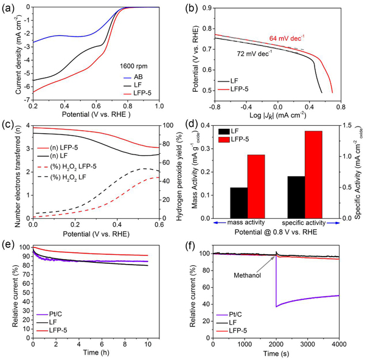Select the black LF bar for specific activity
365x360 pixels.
296,197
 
